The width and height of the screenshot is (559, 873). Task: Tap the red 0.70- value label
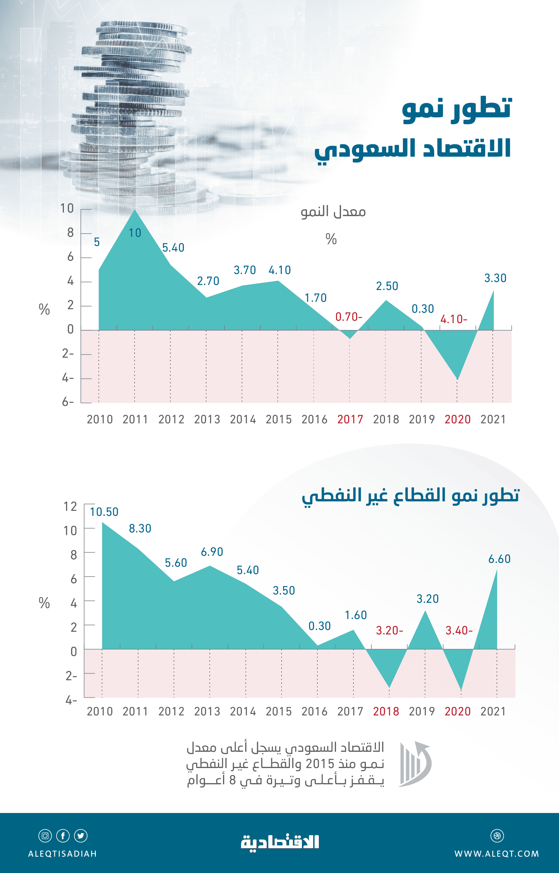tap(348, 317)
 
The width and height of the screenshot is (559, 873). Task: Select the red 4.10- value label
tap(453, 319)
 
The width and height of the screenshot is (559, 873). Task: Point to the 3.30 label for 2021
tap(495, 278)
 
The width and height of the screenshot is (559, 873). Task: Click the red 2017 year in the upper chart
tap(350, 420)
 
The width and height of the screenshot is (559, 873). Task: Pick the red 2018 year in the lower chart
tap(386, 712)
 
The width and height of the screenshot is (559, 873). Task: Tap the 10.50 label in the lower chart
tap(104, 512)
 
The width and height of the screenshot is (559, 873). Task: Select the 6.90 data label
tap(212, 552)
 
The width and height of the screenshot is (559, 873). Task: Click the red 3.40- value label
tap(459, 631)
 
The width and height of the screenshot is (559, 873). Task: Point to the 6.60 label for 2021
tap(499, 559)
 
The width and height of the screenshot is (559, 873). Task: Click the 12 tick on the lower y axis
tap(70, 506)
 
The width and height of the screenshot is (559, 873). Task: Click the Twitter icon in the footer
tap(80, 836)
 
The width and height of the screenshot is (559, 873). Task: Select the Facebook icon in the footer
tap(63, 836)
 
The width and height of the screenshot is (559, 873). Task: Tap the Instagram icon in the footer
tap(45, 836)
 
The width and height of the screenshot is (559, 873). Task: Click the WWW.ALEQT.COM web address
tap(497, 854)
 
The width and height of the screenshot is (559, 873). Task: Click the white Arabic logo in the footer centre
tap(280, 843)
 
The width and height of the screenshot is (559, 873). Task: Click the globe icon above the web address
tap(497, 836)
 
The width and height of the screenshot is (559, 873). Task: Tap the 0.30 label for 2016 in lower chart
tap(319, 626)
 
